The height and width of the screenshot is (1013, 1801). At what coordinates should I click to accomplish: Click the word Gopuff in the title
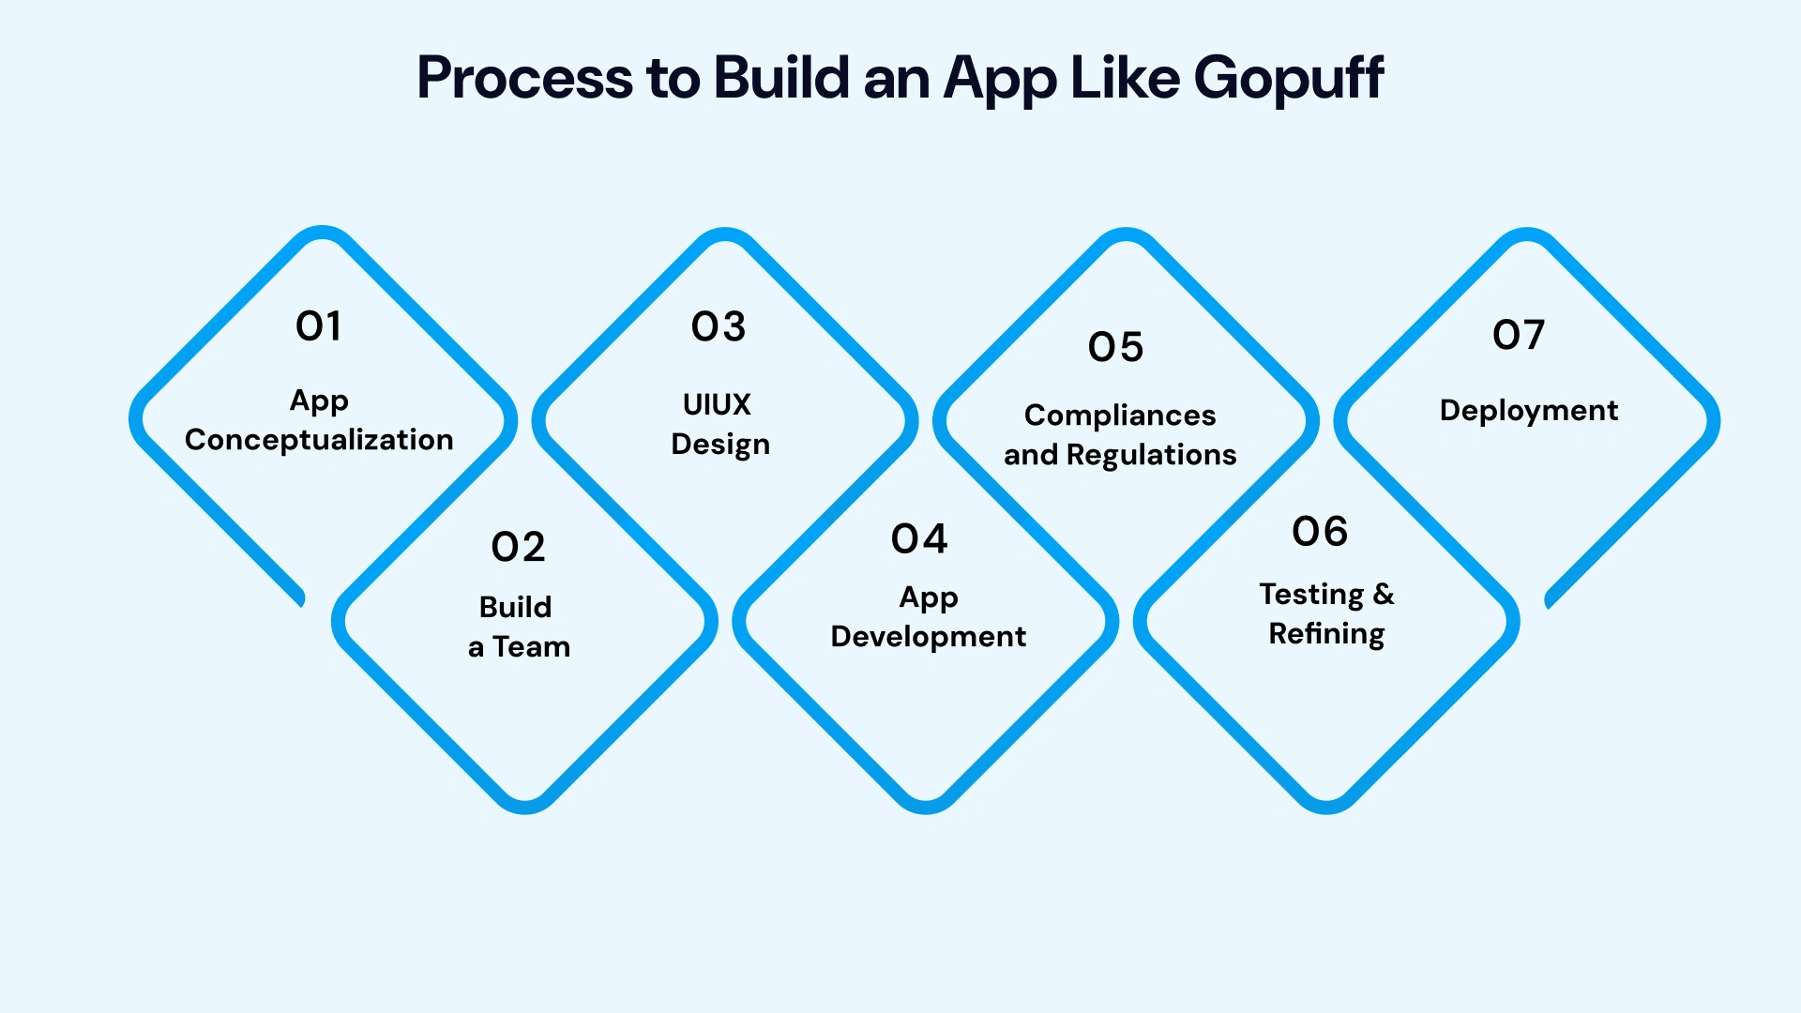coord(1289,79)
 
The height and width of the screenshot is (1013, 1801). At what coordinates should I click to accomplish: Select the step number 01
coord(319,326)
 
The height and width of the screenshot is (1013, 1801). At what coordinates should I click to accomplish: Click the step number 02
coord(518,547)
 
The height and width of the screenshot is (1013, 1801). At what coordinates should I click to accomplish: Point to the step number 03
coord(719,326)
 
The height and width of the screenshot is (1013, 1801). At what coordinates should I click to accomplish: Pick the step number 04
coord(919,539)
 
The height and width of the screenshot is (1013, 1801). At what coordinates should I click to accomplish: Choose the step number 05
coord(1116,347)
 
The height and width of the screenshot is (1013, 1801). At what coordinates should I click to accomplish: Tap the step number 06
coord(1320,532)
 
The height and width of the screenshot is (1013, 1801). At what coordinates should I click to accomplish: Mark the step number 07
coord(1519,335)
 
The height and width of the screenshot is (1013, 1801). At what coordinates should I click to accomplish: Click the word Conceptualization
coord(319,440)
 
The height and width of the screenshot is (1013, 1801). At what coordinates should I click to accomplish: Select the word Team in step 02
coord(532,647)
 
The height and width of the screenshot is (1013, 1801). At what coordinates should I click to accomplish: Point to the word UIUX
coord(717,404)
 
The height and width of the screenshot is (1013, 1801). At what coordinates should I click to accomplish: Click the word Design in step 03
coord(720,445)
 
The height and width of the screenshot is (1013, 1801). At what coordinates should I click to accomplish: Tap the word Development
coord(929,637)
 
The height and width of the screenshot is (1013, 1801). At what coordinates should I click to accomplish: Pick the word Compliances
coord(1120,416)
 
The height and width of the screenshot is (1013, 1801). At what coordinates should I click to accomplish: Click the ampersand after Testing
coord(1384,594)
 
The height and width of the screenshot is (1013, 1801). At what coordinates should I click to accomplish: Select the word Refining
coord(1326,634)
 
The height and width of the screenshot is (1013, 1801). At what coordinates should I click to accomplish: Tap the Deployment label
coord(1529,411)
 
